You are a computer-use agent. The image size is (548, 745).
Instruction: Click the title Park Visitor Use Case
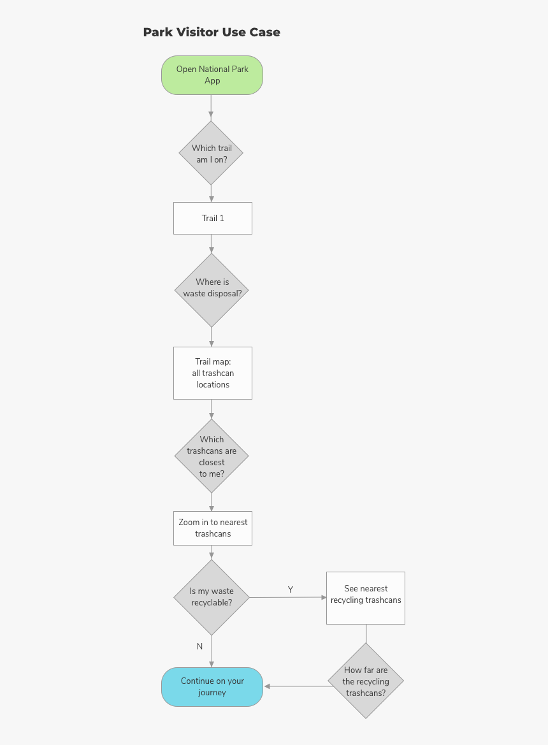[x=212, y=32]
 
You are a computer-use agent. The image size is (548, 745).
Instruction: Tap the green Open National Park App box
[x=212, y=75]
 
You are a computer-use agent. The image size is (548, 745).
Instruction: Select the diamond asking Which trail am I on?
[x=212, y=154]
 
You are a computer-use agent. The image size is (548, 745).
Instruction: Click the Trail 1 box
[x=213, y=218]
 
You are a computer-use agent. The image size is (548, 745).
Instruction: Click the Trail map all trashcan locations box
[x=213, y=373]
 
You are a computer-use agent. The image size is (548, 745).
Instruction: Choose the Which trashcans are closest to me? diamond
[x=212, y=456]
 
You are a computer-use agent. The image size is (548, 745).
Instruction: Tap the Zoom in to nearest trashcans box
[x=213, y=528]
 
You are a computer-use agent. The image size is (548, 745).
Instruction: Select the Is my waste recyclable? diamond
[x=212, y=597]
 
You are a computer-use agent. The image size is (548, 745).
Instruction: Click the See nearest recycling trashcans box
[x=366, y=598]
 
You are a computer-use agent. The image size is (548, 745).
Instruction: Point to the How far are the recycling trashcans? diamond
[x=366, y=681]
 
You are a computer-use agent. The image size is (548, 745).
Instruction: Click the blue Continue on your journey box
[x=212, y=687]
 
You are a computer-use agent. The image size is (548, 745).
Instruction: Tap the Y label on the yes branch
[x=291, y=589]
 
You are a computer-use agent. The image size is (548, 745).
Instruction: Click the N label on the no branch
[x=199, y=646]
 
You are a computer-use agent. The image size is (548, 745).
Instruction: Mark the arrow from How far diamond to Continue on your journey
[x=296, y=686]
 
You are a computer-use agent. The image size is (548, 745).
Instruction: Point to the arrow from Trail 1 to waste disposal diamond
[x=211, y=243]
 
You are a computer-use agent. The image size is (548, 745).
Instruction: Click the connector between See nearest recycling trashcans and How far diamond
[x=366, y=633]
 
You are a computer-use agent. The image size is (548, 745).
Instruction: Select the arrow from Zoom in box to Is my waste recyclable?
[x=211, y=552]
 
